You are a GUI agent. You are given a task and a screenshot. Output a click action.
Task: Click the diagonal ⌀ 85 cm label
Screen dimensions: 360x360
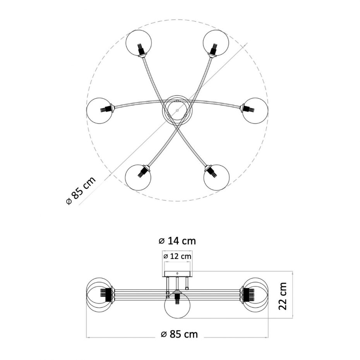[81, 190]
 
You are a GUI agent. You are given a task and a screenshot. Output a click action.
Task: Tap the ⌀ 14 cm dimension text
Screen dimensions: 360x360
[177, 241]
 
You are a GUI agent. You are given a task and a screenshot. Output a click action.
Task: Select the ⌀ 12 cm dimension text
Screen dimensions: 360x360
[177, 256]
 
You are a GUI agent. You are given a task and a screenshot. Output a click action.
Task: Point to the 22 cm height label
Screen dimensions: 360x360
[283, 296]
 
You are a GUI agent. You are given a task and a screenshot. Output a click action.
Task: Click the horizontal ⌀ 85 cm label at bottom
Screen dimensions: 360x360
[179, 334]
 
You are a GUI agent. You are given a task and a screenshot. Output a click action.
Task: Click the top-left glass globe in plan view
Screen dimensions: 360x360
[139, 43]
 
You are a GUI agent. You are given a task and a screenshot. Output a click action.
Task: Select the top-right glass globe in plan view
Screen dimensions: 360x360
[216, 43]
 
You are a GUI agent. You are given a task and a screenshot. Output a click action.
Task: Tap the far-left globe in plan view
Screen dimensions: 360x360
[99, 110]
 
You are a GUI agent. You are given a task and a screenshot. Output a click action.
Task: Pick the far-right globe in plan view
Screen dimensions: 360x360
[255, 111]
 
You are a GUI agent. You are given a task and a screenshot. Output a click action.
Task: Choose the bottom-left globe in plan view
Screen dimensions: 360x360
[138, 177]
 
